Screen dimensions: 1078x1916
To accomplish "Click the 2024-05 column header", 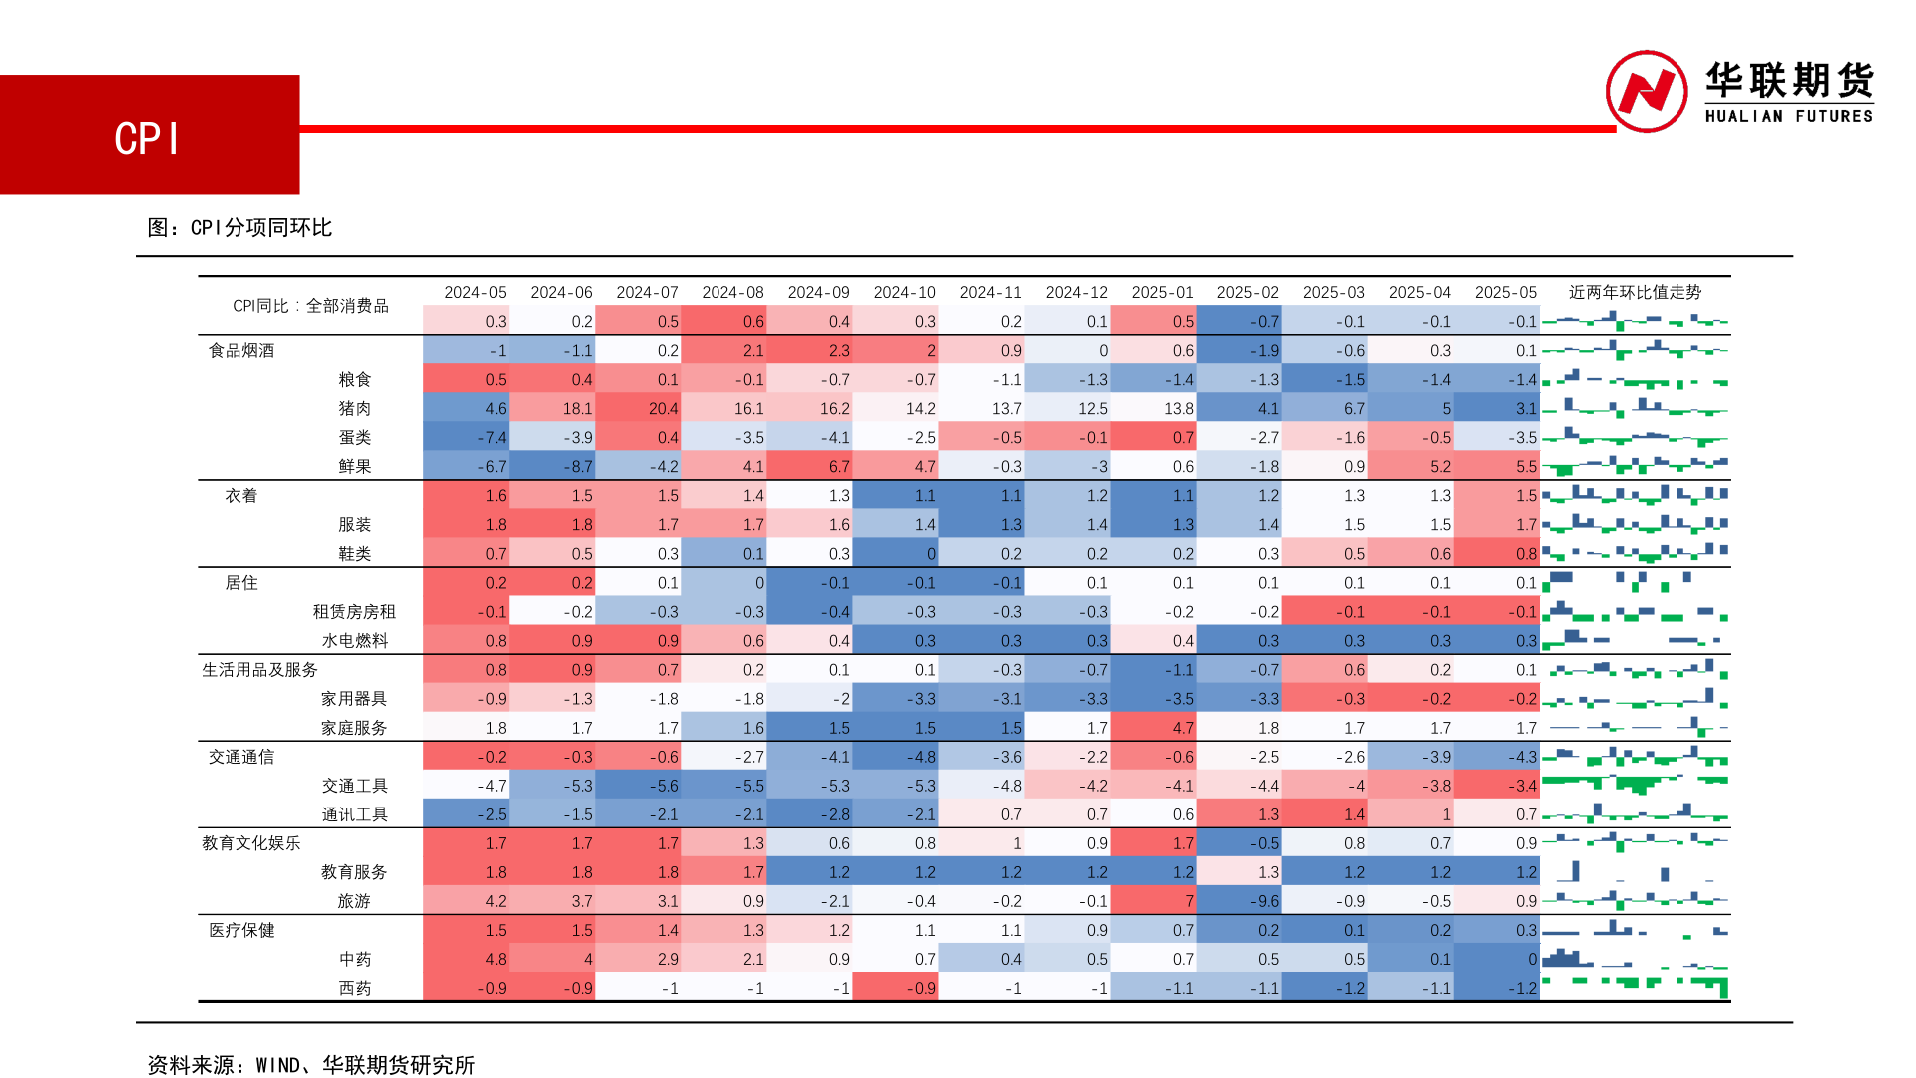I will click(x=475, y=292).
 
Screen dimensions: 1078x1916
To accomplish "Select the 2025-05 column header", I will click(x=1505, y=292).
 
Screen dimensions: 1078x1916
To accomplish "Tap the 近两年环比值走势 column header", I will click(x=1635, y=292).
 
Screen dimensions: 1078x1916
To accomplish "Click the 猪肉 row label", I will click(x=354, y=408).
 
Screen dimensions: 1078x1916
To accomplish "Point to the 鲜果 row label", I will click(x=354, y=466).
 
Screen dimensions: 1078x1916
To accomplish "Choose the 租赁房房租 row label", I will click(x=354, y=611).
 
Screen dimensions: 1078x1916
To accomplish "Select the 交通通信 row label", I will click(x=241, y=757).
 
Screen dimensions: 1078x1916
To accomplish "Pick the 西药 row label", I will click(x=354, y=988).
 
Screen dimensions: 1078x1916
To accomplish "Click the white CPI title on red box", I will click(x=147, y=138).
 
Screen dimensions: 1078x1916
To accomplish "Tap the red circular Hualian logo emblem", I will click(x=1646, y=91).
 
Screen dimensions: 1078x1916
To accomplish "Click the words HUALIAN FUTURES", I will click(x=1788, y=116).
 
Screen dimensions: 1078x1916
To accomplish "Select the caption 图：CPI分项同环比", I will click(x=239, y=228).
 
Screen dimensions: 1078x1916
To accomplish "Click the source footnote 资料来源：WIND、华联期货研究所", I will click(x=310, y=1065).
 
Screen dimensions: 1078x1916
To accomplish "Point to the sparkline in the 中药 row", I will click(x=1635, y=959).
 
